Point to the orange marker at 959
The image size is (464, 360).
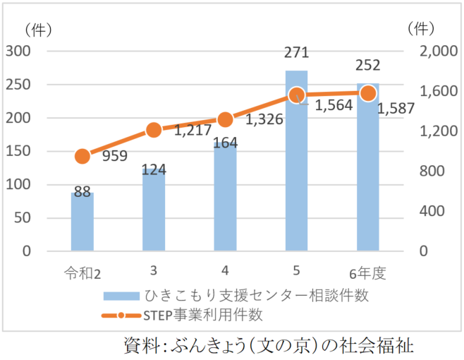tap(82, 157)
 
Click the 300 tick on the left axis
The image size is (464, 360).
tap(23, 52)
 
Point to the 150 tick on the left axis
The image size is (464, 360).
tap(23, 151)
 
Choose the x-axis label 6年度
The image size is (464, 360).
tap(367, 272)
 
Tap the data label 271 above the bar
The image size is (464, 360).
tap(296, 52)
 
